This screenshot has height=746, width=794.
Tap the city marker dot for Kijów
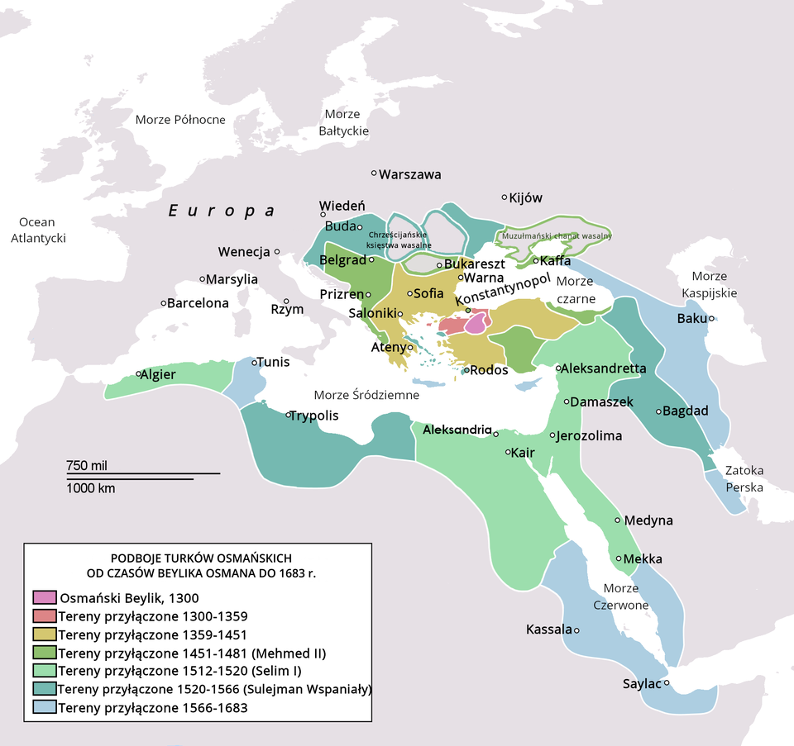[505, 197]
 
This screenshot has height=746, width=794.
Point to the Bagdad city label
[686, 411]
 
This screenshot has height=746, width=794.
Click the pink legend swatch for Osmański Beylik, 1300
[44, 597]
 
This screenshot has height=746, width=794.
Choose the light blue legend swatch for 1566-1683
[44, 707]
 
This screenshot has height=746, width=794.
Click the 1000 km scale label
[90, 488]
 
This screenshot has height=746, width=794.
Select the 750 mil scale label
[88, 466]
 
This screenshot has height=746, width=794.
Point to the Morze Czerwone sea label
[626, 596]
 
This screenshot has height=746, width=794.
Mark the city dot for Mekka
[619, 558]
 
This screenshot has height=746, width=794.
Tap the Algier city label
[158, 374]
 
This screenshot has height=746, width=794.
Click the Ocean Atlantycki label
[36, 230]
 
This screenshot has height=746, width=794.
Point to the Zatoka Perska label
[744, 479]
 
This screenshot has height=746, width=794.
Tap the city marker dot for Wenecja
[278, 252]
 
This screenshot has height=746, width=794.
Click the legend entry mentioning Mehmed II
[192, 653]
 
